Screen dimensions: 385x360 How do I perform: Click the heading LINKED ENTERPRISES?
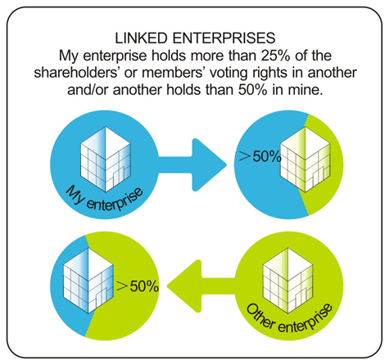195,38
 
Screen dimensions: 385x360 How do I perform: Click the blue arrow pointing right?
192,164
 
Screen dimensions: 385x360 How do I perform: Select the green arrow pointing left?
201,286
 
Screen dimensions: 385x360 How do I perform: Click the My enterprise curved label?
103,198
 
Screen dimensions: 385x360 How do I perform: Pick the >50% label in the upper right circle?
260,157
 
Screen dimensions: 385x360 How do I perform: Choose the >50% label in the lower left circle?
138,286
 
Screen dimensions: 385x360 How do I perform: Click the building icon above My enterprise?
106,159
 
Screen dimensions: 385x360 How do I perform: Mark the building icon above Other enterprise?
288,280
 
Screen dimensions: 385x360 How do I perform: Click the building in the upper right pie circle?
306,159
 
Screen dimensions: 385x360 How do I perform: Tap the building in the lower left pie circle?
88,280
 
